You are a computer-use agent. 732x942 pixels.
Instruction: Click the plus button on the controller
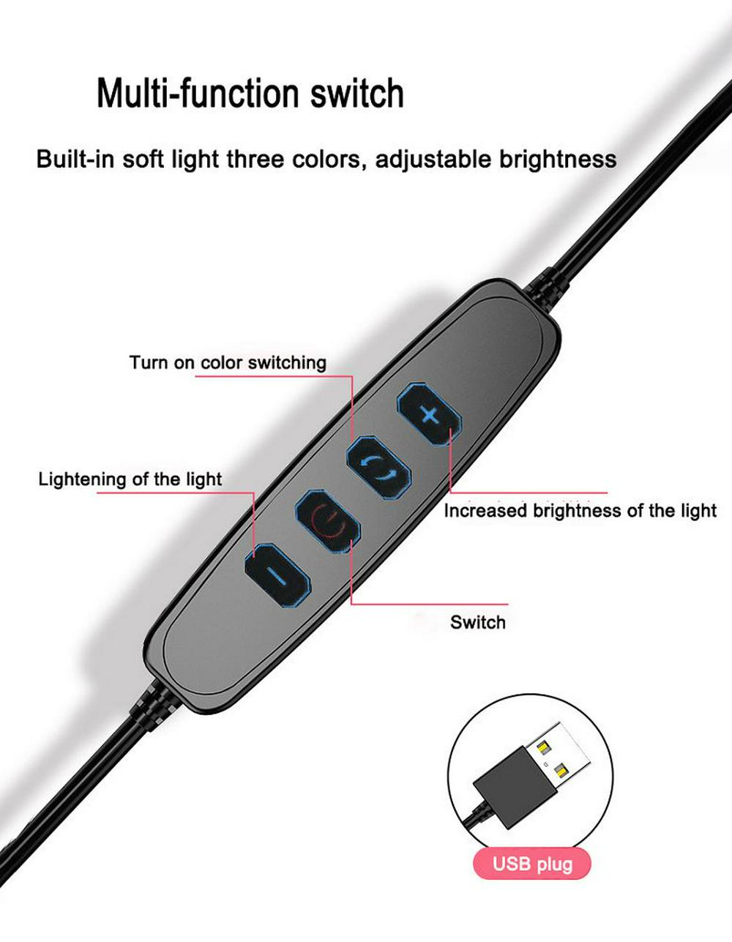(x=429, y=415)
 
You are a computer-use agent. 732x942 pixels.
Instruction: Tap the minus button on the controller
(x=278, y=576)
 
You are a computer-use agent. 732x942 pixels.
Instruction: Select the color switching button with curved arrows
(x=378, y=469)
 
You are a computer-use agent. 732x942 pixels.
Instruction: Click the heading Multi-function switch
(x=250, y=93)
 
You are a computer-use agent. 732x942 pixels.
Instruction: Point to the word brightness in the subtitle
(x=558, y=159)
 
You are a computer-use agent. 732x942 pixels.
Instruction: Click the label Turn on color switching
(x=228, y=362)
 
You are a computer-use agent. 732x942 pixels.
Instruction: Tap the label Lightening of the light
(x=130, y=479)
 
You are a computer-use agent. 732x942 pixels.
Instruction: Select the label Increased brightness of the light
(x=580, y=511)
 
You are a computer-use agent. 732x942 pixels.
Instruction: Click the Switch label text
(x=477, y=622)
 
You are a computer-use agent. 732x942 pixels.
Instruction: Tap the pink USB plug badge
(x=531, y=864)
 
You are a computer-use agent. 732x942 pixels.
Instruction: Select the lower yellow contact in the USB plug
(x=561, y=770)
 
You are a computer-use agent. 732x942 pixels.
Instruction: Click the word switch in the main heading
(x=357, y=93)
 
